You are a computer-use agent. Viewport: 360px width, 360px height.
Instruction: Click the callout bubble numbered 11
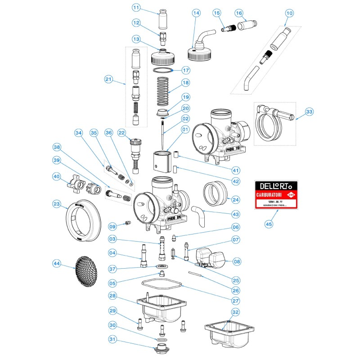(x=136, y=7)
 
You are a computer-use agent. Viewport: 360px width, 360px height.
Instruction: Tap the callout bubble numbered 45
(x=269, y=224)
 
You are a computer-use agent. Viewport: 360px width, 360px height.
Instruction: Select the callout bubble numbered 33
(x=309, y=111)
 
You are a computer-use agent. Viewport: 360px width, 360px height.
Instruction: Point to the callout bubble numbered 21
(x=108, y=80)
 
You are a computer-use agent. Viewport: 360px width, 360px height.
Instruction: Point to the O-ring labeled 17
(x=162, y=71)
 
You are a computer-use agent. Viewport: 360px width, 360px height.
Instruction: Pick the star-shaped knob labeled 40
(x=74, y=184)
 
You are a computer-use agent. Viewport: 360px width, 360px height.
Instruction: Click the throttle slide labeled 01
(x=163, y=161)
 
